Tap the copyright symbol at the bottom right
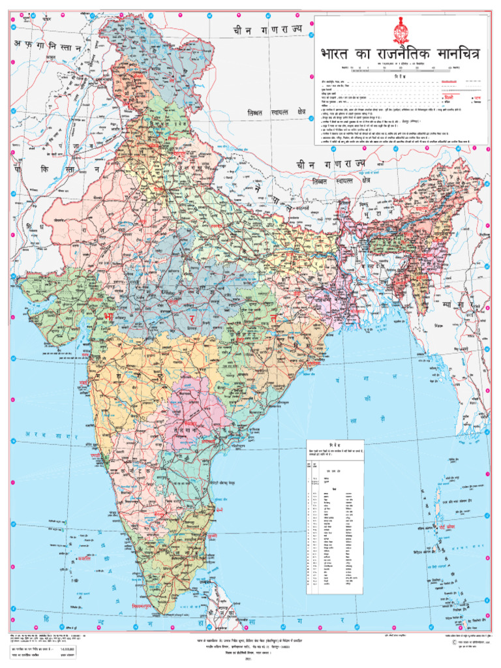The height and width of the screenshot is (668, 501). [x=446, y=642]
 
